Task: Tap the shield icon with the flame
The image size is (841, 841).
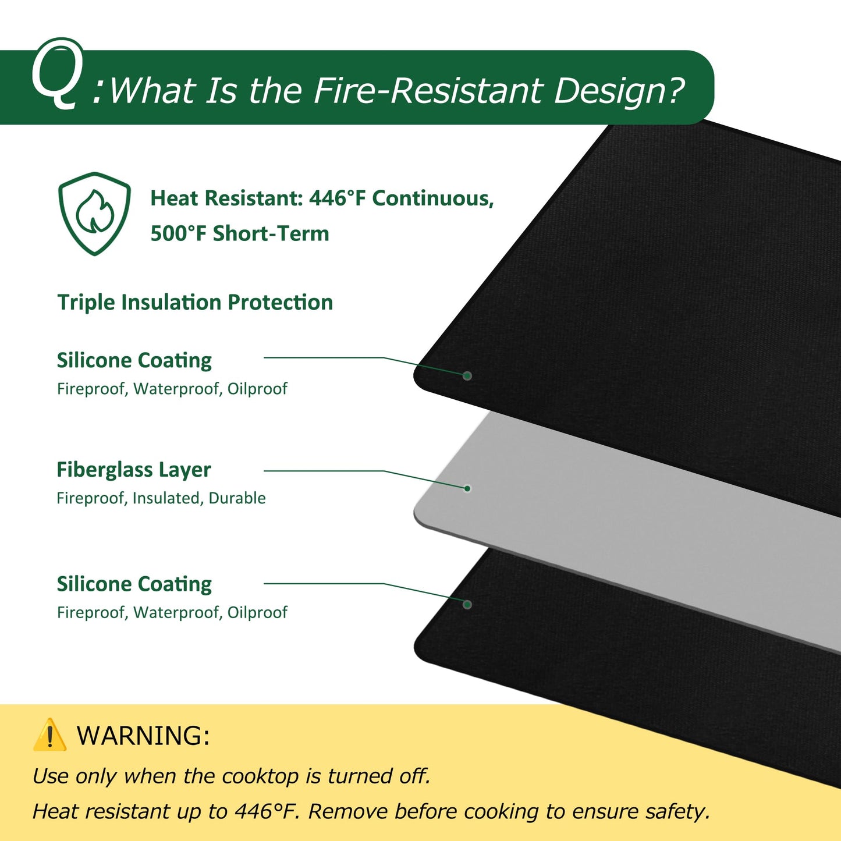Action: [x=94, y=213]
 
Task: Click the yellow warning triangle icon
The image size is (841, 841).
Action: [x=49, y=734]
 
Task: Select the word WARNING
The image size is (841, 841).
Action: [x=143, y=736]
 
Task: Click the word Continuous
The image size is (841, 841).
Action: [x=433, y=198]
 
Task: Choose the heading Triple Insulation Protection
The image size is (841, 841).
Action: [x=195, y=303]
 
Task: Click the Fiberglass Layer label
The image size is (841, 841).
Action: [x=134, y=470]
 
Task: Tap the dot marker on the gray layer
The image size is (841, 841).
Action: [x=467, y=488]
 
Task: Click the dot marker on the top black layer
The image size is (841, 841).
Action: [x=467, y=376]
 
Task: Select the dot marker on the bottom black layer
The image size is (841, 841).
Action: [x=467, y=605]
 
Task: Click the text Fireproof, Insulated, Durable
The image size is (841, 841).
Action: [x=161, y=498]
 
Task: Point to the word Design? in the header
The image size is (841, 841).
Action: [x=619, y=92]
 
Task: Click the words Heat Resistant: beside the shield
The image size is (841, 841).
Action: [x=226, y=198]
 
